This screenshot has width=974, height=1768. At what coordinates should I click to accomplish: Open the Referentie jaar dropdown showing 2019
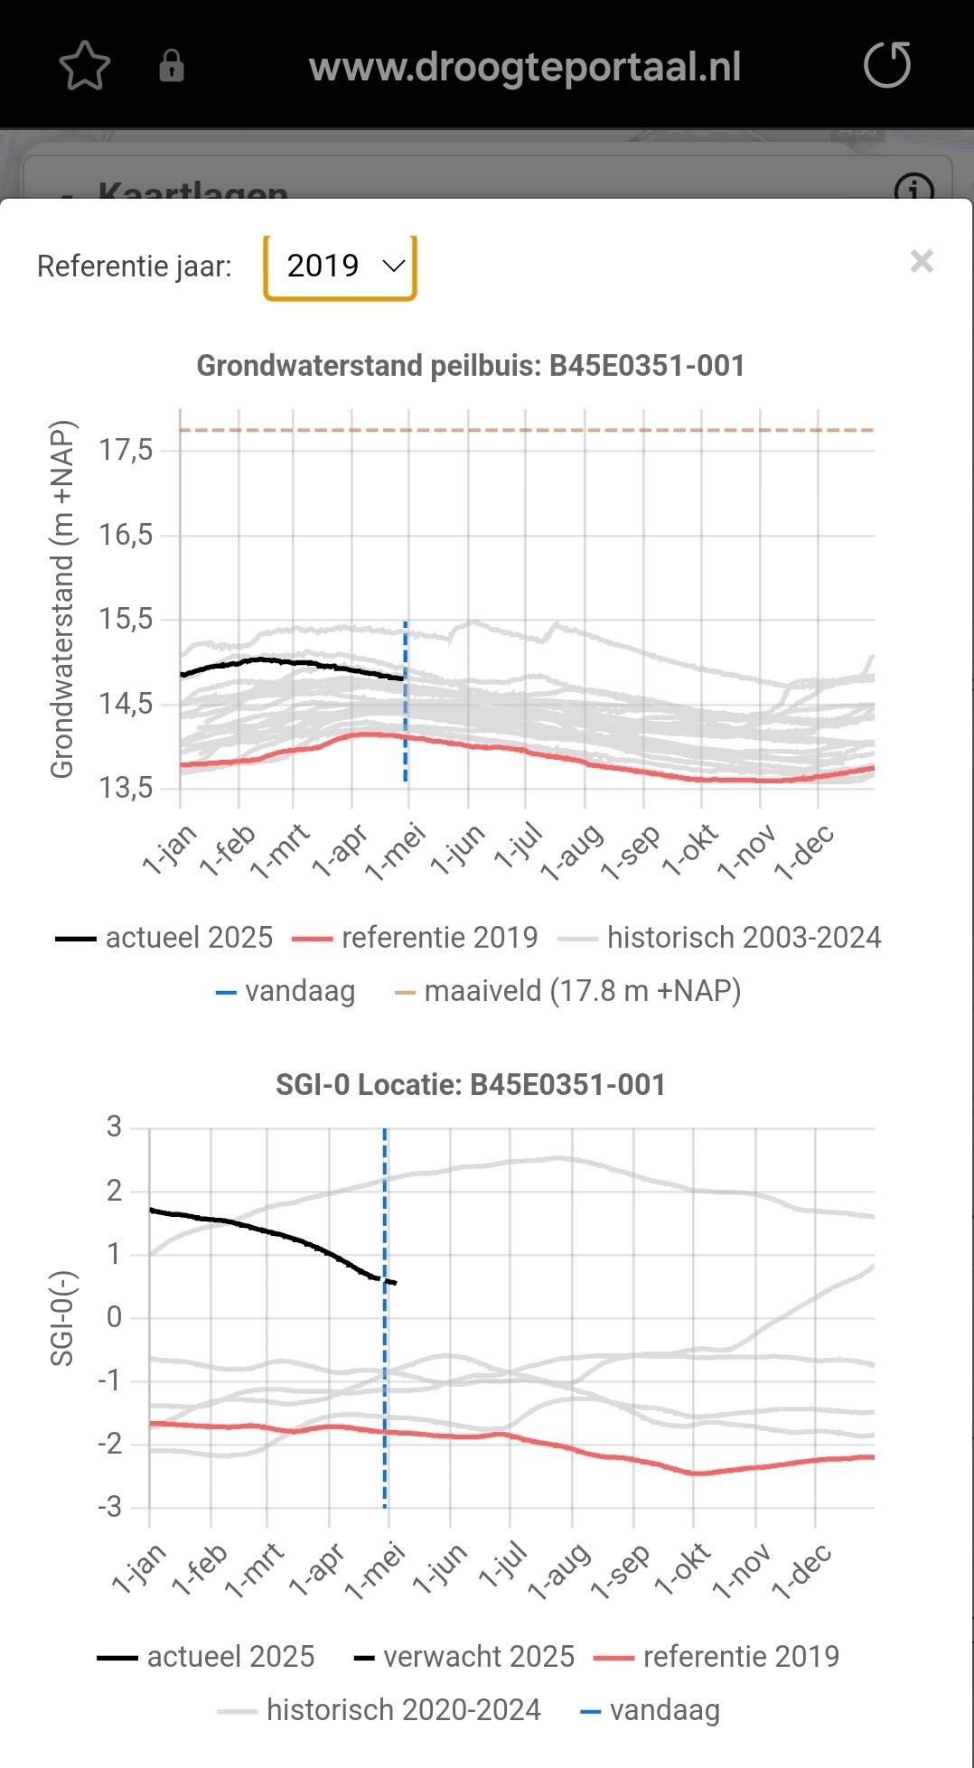point(340,267)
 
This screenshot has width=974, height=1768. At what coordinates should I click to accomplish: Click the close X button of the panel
point(922,262)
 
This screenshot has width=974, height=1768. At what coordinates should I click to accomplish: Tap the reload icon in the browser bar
point(886,65)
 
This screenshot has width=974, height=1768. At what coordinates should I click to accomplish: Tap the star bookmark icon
point(85,66)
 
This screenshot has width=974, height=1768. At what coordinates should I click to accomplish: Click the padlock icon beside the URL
point(172,66)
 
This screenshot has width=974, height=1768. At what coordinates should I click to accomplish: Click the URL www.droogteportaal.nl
point(525,67)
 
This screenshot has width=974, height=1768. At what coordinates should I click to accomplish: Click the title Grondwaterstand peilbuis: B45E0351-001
point(471,366)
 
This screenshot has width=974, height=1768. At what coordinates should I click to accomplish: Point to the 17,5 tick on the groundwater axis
point(126,450)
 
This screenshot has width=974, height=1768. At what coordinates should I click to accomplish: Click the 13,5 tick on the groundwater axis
point(126,788)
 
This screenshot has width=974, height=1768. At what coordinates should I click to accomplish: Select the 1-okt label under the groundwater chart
point(690,850)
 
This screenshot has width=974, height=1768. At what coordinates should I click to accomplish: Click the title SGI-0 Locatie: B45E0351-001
point(471,1084)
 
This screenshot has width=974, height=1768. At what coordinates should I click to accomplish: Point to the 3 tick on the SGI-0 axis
point(114,1127)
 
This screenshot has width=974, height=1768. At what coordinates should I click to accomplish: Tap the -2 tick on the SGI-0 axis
point(109,1444)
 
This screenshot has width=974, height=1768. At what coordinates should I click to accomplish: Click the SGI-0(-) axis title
point(61,1318)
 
